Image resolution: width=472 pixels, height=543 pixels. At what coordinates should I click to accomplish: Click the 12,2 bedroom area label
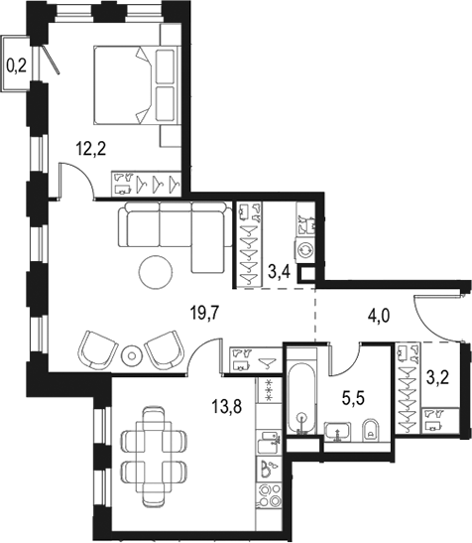click(x=90, y=149)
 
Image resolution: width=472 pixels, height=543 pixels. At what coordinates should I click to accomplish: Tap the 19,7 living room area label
click(x=205, y=314)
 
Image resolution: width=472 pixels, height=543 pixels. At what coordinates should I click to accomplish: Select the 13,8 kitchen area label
click(x=227, y=406)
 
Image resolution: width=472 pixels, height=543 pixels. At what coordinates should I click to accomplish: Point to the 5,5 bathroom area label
click(x=354, y=399)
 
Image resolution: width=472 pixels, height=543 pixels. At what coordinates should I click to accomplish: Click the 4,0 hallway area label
click(x=379, y=316)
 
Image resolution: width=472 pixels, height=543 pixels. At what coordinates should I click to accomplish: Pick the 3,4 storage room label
click(x=279, y=273)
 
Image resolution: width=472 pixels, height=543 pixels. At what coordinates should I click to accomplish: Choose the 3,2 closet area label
click(x=437, y=377)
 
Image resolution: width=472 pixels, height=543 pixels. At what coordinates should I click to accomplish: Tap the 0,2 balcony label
click(x=16, y=66)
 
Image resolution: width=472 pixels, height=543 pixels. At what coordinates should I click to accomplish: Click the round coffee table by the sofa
click(x=156, y=272)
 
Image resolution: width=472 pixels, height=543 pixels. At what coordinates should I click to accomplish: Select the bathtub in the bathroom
click(x=301, y=398)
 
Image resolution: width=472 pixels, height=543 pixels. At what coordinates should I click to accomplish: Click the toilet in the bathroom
click(x=371, y=431)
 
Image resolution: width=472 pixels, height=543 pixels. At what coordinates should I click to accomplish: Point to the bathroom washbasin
click(x=338, y=432)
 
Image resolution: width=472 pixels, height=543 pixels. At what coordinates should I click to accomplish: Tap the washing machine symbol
click(x=304, y=249)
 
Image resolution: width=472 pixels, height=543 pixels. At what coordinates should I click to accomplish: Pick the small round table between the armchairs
click(x=132, y=355)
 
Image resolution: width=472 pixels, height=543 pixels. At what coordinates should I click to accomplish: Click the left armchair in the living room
click(x=97, y=350)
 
